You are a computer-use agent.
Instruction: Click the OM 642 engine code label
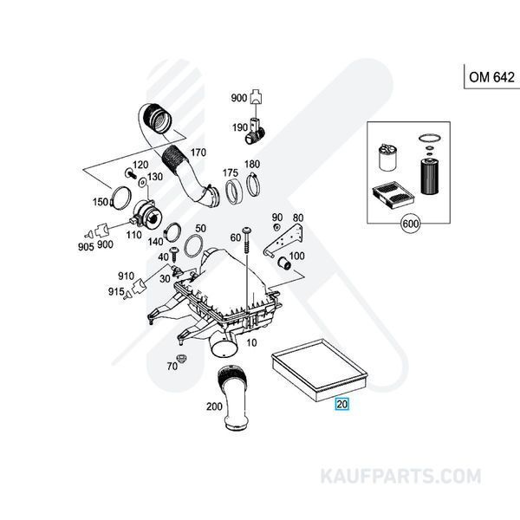pyautogui.click(x=491, y=77)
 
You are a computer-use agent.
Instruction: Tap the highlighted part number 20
pyautogui.click(x=342, y=404)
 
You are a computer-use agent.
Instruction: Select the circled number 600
pyautogui.click(x=410, y=224)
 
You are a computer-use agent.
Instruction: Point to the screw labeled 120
pyautogui.click(x=131, y=173)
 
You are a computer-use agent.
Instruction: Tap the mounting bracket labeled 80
pyautogui.click(x=284, y=240)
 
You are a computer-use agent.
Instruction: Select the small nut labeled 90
pyautogui.click(x=276, y=227)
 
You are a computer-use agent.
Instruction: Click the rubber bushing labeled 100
pyautogui.click(x=284, y=263)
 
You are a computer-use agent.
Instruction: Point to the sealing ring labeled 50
pyautogui.click(x=193, y=246)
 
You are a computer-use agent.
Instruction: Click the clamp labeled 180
pyautogui.click(x=253, y=185)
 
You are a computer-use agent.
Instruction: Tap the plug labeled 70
pyautogui.click(x=181, y=359)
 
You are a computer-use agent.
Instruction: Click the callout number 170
pyautogui.click(x=198, y=153)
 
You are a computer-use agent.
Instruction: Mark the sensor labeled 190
pyautogui.click(x=255, y=131)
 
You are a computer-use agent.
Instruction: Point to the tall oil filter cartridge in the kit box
pyautogui.click(x=429, y=176)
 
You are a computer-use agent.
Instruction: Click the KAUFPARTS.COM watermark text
pyautogui.click(x=400, y=476)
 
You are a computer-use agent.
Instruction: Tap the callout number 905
pyautogui.click(x=86, y=247)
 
